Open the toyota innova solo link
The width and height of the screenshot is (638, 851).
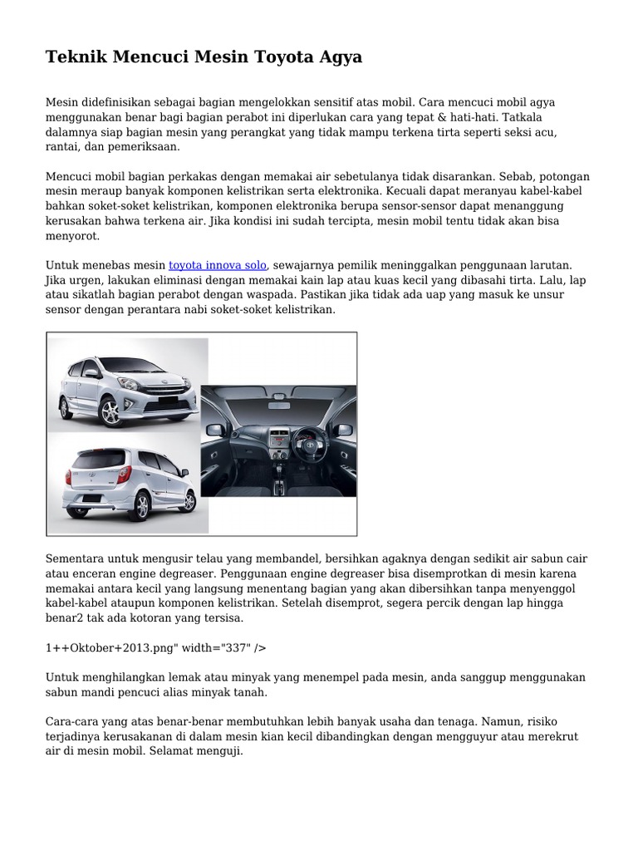tap(218, 265)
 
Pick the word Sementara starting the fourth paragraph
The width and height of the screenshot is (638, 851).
tap(79, 558)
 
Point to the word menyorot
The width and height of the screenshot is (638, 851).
tap(72, 236)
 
